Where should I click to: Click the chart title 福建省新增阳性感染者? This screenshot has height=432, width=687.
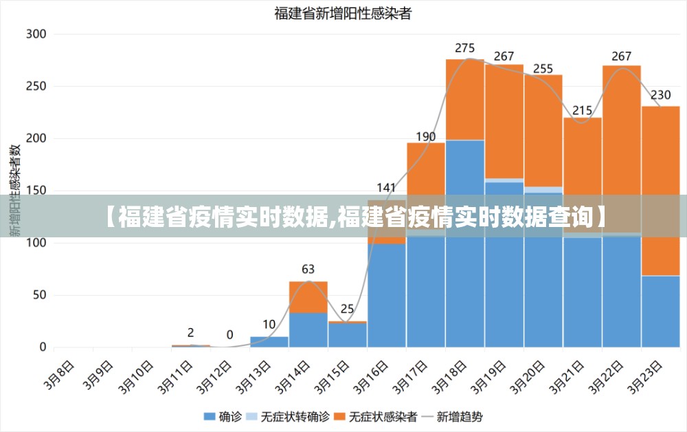point(343,12)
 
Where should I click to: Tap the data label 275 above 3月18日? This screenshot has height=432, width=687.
point(465,48)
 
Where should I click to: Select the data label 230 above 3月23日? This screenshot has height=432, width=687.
point(661,95)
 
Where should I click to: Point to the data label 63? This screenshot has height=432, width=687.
point(308,269)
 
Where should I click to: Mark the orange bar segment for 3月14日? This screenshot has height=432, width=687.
point(308,296)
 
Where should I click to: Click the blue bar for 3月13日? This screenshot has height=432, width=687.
point(269,342)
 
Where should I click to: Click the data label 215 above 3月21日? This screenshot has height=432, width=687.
point(583,110)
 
